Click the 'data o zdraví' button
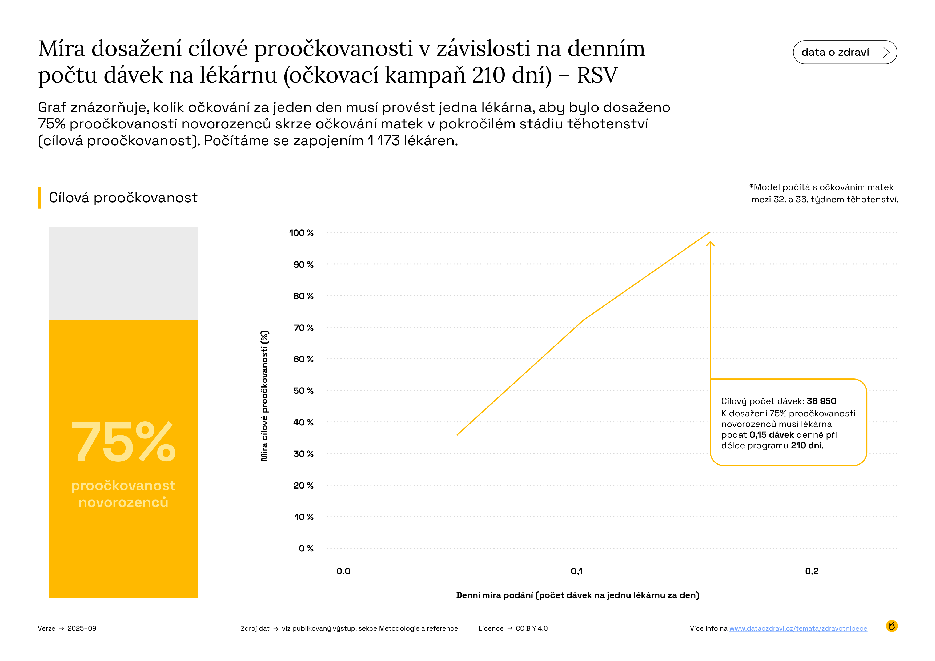pos(845,52)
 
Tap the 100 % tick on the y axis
pos(301,233)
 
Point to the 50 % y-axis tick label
pos(303,391)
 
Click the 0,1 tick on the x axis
pos(577,571)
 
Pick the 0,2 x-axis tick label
pos(812,571)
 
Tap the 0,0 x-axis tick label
pos(343,571)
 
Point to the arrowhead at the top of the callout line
pos(710,243)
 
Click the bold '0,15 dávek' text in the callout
pos(771,435)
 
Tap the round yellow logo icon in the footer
pos(892,626)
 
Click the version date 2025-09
pos(82,628)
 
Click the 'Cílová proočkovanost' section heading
pos(123,198)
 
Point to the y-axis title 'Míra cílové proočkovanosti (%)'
pos(264,395)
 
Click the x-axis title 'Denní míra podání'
pos(577,595)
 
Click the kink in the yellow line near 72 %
pos(583,321)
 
